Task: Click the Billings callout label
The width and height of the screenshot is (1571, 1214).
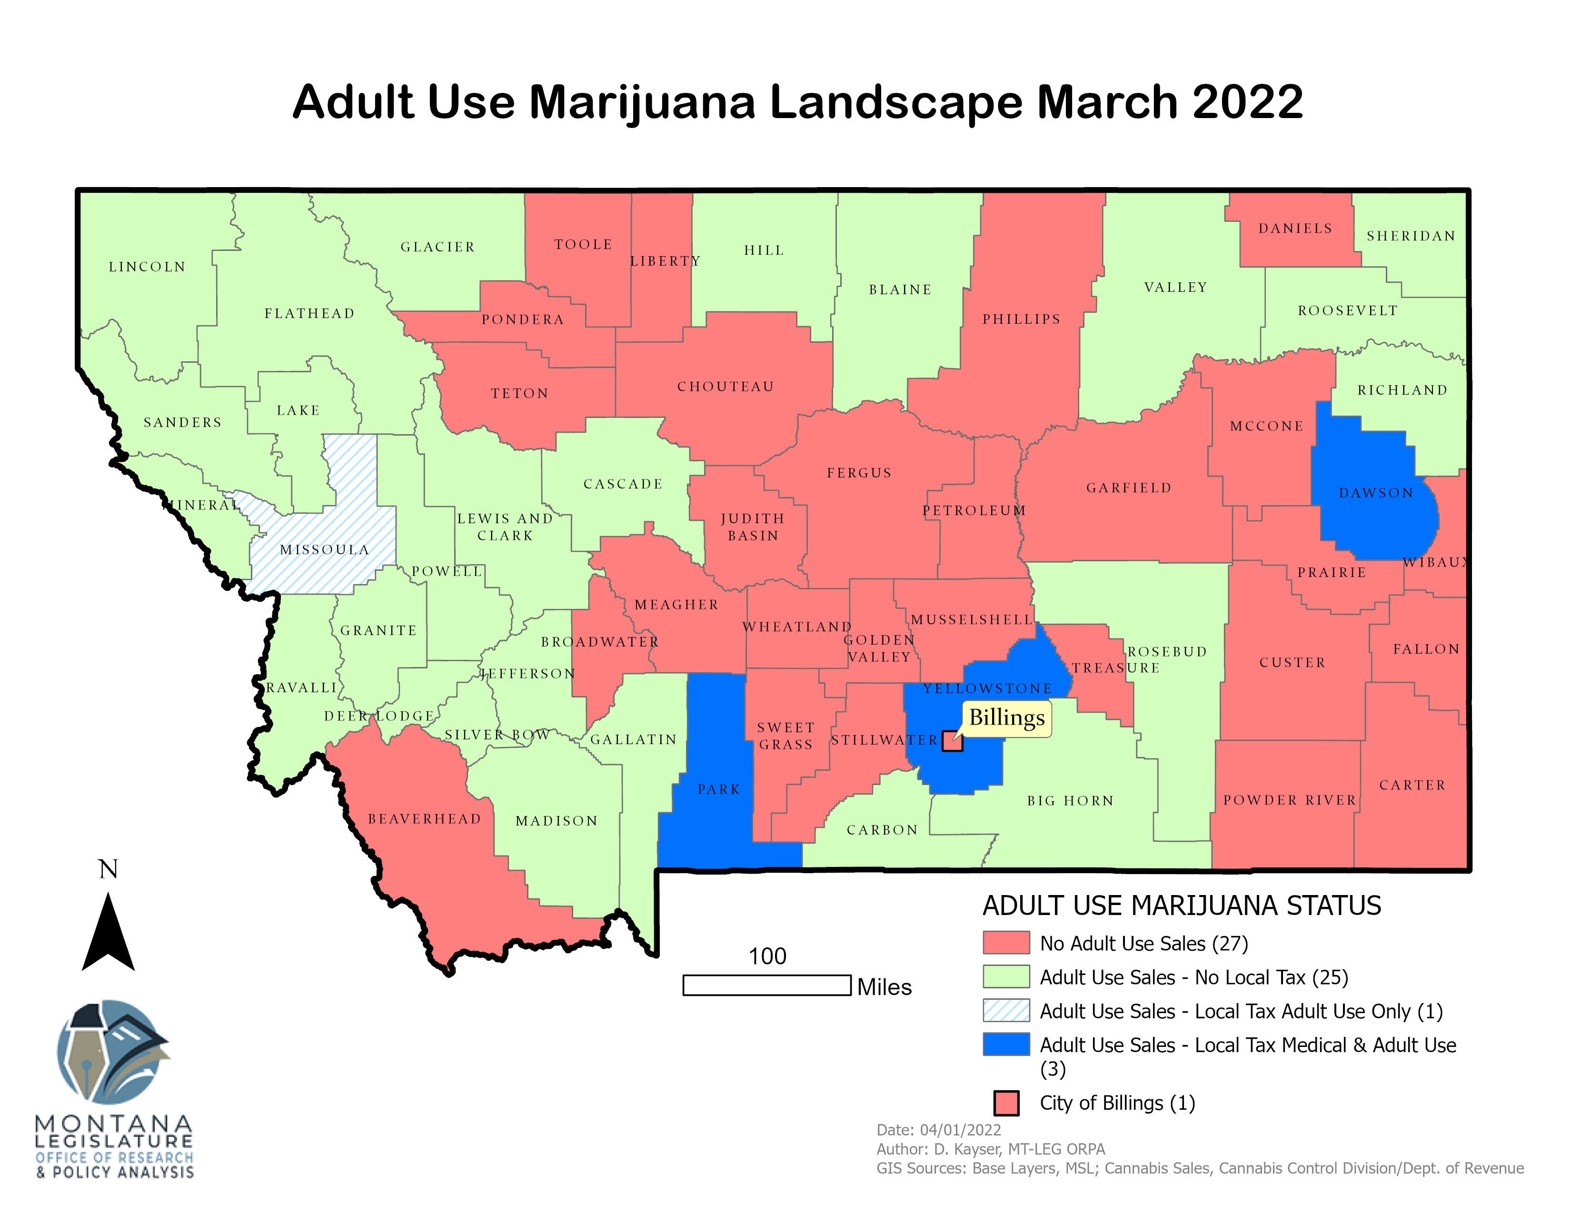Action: pos(1006,718)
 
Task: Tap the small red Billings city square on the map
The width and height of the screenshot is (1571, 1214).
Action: pos(952,741)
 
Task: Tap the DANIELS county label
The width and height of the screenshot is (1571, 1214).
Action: pos(1295,228)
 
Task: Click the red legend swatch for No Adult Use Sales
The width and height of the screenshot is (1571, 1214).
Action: pos(1005,943)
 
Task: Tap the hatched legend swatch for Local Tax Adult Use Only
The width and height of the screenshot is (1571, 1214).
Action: pos(1005,1010)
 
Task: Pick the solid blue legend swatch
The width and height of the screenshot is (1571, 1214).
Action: pos(1005,1044)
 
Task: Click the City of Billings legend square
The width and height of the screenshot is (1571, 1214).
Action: pos(1005,1103)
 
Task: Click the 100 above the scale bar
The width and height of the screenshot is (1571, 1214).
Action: pos(767,956)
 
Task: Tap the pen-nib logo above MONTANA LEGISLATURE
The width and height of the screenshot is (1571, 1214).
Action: pos(114,1052)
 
